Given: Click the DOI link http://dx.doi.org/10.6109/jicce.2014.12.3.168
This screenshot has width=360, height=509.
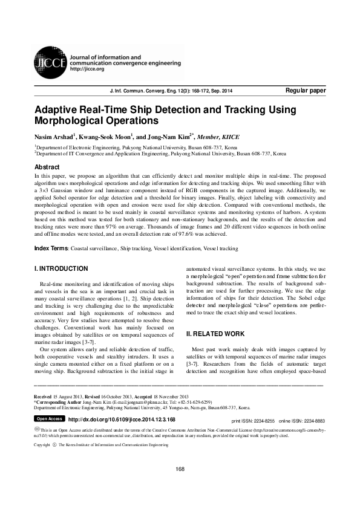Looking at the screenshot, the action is coord(122,419).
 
